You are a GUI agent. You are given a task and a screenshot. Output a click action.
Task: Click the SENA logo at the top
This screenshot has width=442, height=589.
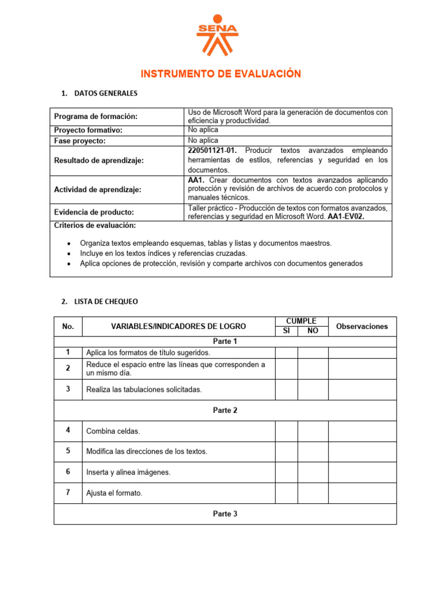217,35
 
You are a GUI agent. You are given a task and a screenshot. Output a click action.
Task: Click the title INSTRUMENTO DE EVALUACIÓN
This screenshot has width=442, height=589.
221,74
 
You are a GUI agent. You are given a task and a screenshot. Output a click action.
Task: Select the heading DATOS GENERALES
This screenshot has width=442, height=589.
106,93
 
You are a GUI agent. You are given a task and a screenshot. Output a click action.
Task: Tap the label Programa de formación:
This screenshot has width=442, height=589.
96,117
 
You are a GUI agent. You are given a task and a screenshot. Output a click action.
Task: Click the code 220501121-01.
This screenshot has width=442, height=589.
212,151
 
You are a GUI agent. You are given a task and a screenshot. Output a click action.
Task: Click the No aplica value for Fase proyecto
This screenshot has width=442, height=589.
203,140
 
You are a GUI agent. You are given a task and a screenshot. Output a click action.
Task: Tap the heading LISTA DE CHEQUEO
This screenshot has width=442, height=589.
106,301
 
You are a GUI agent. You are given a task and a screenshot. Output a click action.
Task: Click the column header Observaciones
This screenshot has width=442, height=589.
362,326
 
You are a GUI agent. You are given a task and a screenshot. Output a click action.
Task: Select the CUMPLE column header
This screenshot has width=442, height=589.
302,321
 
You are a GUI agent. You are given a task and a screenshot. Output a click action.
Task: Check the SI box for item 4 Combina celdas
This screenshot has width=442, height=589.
286,431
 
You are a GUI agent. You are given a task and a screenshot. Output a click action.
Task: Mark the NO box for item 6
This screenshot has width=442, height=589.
313,472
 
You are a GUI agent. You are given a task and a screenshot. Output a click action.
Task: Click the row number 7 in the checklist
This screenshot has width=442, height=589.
68,492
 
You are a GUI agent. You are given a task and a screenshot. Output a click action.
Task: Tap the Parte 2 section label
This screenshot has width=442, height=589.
225,410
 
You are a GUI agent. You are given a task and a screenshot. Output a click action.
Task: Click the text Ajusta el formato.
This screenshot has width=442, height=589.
114,493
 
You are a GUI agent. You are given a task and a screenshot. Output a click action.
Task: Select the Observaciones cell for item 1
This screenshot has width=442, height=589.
362,352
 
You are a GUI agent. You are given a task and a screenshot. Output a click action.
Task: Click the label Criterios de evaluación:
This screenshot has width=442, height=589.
95,225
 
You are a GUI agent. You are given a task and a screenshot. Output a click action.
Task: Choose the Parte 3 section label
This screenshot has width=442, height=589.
225,514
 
